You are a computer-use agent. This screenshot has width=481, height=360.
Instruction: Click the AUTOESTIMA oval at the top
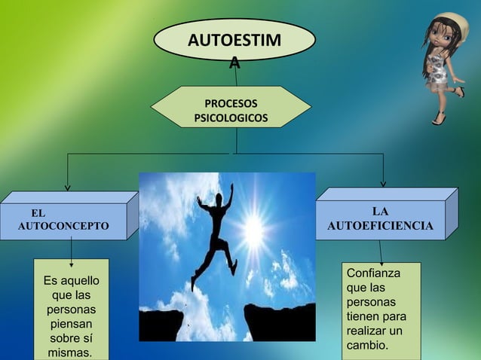[x=234, y=40]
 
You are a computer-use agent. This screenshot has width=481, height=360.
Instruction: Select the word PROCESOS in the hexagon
[x=231, y=103]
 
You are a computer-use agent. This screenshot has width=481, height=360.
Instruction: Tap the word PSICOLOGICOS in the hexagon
[x=231, y=118]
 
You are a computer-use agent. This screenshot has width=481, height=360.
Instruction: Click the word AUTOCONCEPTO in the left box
[x=63, y=226]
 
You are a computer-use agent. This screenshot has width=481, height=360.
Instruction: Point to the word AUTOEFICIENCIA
[x=381, y=225]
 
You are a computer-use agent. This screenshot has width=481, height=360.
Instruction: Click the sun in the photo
[x=254, y=230]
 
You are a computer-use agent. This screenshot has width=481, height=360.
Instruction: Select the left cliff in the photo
[x=161, y=325]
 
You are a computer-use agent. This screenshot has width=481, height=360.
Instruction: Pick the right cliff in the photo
[x=280, y=322]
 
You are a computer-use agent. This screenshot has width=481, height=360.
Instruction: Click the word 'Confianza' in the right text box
[x=373, y=273]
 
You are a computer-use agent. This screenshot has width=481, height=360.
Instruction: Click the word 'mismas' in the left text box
[x=70, y=352]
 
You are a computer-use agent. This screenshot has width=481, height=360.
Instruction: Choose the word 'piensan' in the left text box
[x=72, y=324]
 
